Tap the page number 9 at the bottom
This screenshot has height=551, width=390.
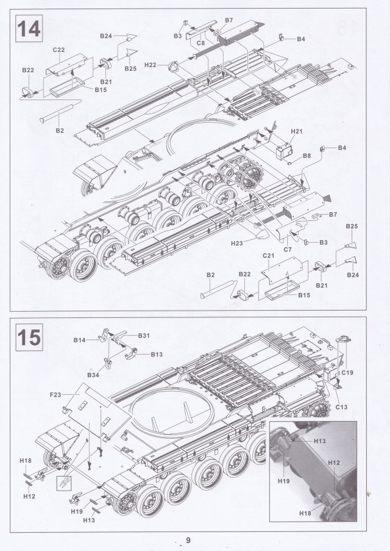188,540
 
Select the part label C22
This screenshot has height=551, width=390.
59,49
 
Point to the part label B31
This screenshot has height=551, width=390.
144,335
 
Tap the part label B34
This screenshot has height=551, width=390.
93,373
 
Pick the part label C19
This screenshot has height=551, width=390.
348,372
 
